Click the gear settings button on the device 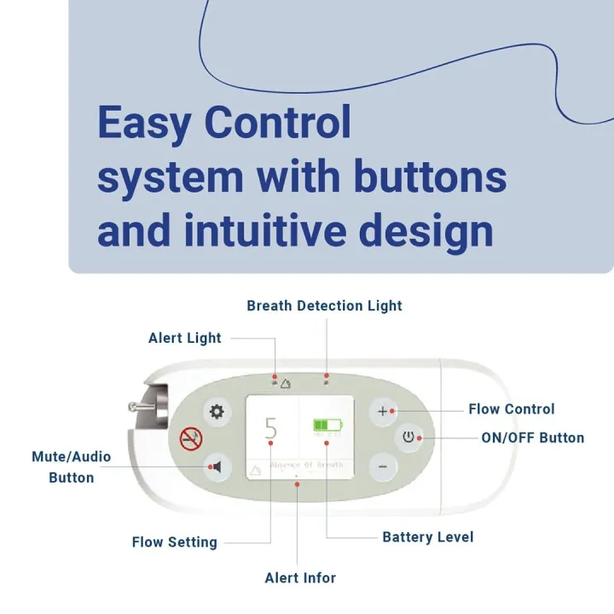coord(217,412)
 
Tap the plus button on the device coord(382,411)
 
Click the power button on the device coord(409,438)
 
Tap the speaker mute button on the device coord(217,466)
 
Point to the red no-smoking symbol coord(190,439)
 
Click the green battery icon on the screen coord(326,424)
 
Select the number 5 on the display coord(271,428)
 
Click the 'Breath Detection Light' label coord(324,305)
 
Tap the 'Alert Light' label coord(184,338)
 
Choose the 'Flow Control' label coord(511,409)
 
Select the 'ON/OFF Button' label coord(533,438)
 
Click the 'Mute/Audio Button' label coord(72,466)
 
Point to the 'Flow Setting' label coord(174,542)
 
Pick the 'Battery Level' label coord(427,537)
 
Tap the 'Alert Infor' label coord(300,577)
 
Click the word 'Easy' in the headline coord(143,123)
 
